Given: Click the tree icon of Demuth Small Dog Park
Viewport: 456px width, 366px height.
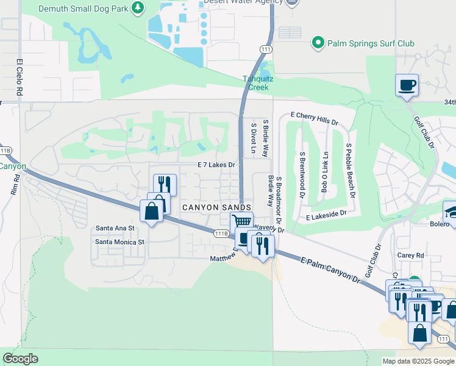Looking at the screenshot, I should click(x=138, y=7).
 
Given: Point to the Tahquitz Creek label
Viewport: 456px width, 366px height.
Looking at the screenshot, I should click(x=255, y=83).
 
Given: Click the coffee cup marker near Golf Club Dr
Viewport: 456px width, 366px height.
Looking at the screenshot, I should click(x=407, y=85).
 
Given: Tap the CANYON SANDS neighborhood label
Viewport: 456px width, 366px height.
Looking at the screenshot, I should click(x=216, y=208).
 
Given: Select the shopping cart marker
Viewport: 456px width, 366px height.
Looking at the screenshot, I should click(x=241, y=222).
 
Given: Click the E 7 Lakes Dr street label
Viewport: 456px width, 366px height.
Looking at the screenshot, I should click(x=216, y=165).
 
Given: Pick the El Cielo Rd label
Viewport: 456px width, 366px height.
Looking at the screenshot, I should click(x=20, y=77).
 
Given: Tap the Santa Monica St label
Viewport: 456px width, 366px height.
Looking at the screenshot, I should click(x=119, y=242).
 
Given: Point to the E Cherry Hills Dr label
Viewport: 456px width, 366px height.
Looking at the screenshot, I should click(x=314, y=118).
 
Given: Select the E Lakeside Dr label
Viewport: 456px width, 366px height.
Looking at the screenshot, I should click(x=326, y=215).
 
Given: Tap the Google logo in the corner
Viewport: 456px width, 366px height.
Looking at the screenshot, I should click(x=21, y=359).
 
